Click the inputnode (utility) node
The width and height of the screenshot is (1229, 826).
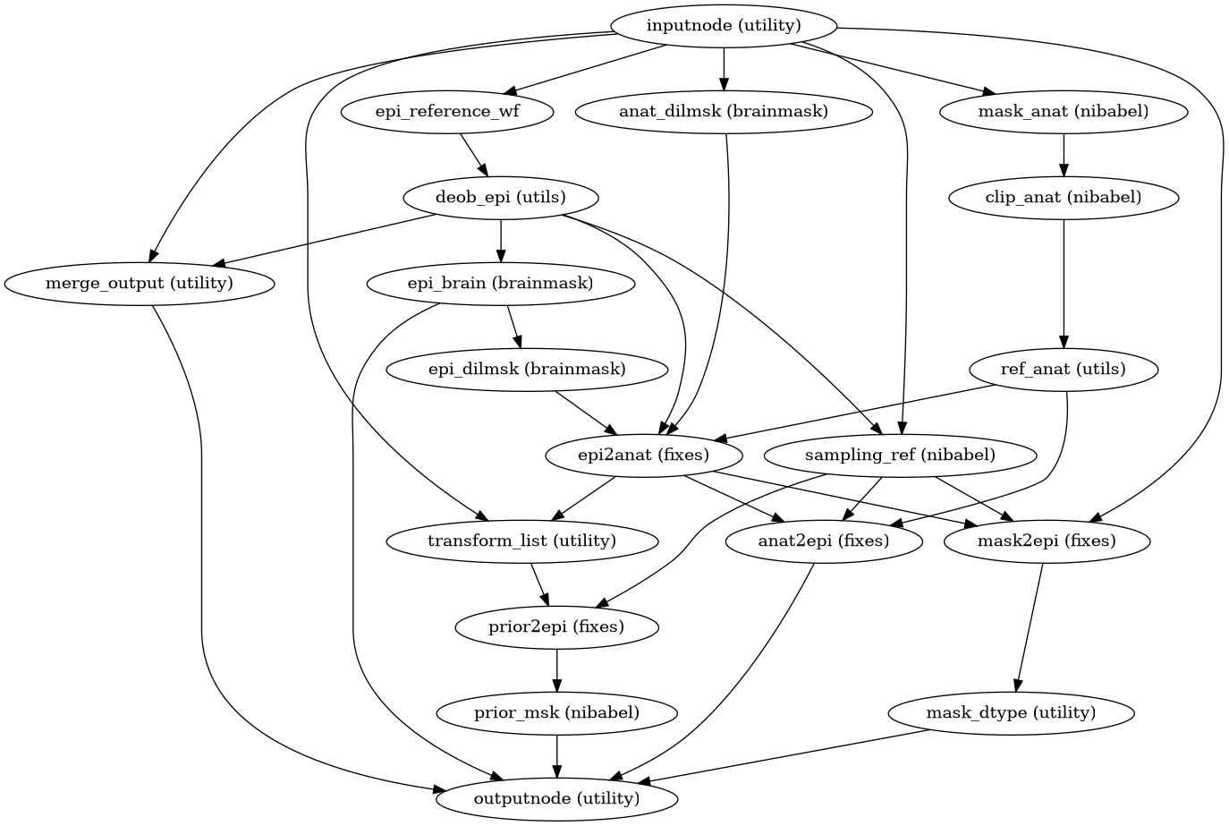[x=723, y=26]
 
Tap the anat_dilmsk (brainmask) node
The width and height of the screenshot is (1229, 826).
[x=723, y=112]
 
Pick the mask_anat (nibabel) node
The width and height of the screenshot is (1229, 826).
[x=1063, y=112]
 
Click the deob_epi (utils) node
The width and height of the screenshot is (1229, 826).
[x=500, y=198]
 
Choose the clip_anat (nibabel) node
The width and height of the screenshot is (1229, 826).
[x=1063, y=198]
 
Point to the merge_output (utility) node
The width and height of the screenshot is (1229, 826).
[x=139, y=284]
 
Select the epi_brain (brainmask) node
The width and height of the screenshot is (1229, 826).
[x=500, y=284]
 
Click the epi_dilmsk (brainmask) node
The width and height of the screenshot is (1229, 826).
[x=526, y=370]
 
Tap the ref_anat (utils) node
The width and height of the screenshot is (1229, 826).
[x=1063, y=370]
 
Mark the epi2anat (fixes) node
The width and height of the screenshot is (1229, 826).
[x=644, y=456]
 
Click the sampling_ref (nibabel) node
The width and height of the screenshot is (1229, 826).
[x=899, y=456]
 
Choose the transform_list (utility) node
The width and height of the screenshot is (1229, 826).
[x=522, y=541]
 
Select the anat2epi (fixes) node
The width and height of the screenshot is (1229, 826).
[x=823, y=541]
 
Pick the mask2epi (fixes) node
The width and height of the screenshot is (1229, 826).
[x=1047, y=541]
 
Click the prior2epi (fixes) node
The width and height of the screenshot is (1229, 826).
[x=556, y=627]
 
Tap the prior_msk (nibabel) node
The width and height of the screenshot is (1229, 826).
[x=556, y=713]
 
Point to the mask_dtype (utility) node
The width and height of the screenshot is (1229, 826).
[x=1011, y=713]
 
